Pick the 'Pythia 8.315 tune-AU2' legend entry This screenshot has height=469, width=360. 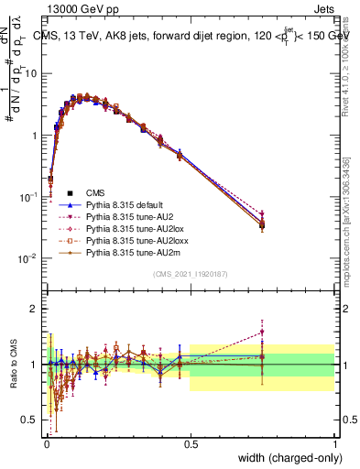point(119,221)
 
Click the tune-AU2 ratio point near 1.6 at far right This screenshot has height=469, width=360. point(262,332)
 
